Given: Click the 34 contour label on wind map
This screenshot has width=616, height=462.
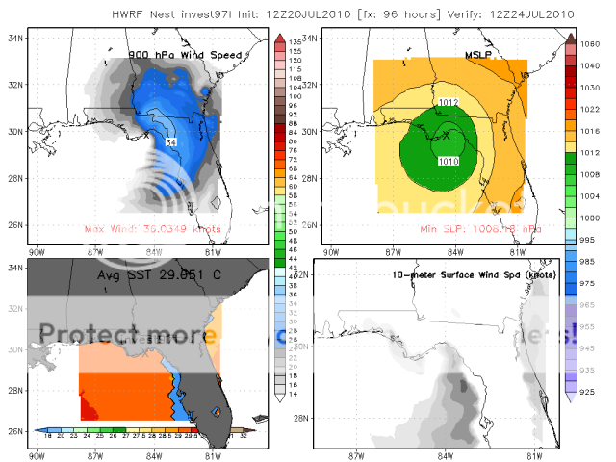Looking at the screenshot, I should pyautogui.click(x=171, y=142).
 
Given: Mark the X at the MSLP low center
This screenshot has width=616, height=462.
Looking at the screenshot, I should pyautogui.click(x=446, y=136).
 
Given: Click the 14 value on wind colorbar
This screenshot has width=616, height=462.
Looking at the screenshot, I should pyautogui.click(x=285, y=395).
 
